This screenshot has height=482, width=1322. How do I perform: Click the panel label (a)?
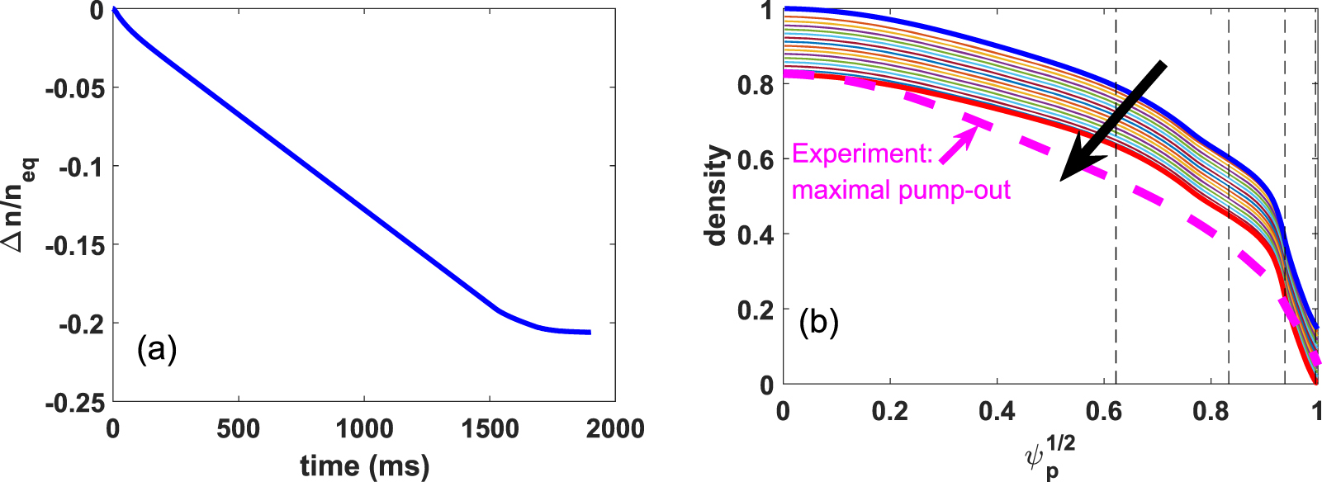[x=157, y=350]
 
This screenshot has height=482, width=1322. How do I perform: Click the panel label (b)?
[x=818, y=322]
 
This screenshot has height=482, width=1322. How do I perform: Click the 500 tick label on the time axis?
[x=239, y=429]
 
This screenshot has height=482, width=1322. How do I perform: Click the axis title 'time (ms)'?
[x=364, y=465]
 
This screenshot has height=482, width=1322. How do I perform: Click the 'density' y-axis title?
[x=716, y=196]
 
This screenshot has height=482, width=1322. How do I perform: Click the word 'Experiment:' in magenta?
[x=862, y=154]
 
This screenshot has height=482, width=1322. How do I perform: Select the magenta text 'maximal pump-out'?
[x=901, y=191]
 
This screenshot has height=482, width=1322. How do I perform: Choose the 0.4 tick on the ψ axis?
[x=997, y=410]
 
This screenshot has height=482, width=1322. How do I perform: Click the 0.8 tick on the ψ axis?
[x=1211, y=410]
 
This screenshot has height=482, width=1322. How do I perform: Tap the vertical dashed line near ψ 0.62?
[x=1116, y=248]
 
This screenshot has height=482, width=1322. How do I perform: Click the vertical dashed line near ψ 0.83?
[x=1229, y=248]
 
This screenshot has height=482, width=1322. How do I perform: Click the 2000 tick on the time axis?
[x=615, y=429]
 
